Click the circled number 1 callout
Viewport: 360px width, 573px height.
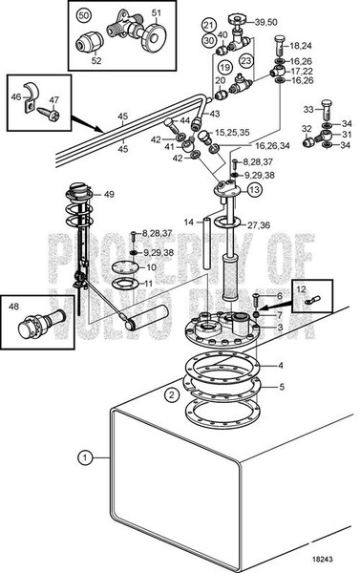87,457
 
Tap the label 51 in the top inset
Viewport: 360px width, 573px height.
158,12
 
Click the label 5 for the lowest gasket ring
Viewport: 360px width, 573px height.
280,387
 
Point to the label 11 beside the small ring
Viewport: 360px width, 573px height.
147,284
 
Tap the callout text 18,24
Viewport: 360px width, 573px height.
300,45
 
